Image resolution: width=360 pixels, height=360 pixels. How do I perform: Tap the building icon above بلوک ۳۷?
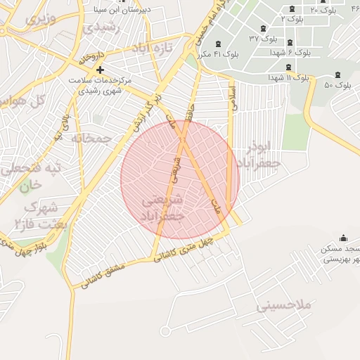coord(262,29)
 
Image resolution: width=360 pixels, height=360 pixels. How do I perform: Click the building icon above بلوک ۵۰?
coord(338,75)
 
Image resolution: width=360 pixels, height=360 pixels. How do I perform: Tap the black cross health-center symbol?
coord(101,70)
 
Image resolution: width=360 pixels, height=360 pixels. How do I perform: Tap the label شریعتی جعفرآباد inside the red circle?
coord(163,209)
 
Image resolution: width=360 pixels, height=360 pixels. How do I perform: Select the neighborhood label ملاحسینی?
coord(283,306)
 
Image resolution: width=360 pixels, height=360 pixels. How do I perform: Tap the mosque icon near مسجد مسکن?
coord(342,238)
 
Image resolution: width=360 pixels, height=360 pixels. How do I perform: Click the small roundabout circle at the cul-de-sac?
coord(165,330)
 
